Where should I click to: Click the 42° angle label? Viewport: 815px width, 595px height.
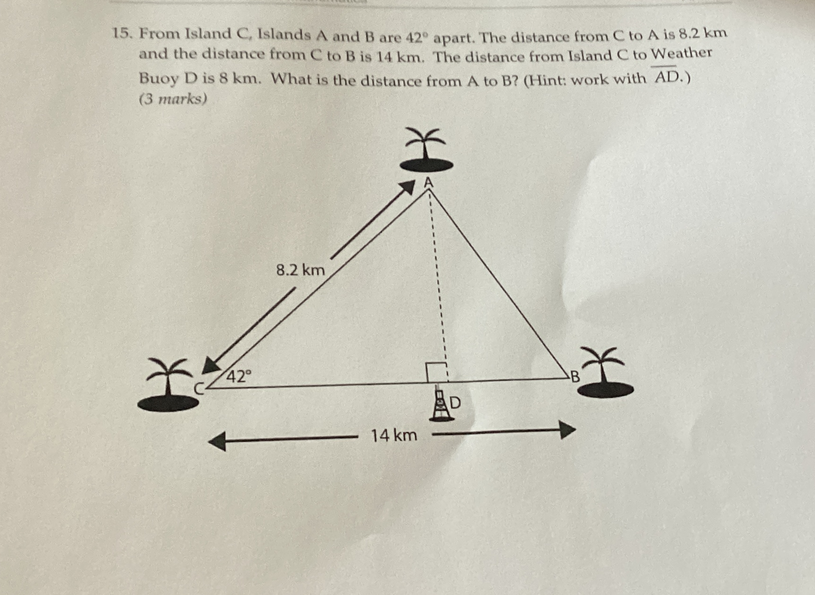tap(239, 376)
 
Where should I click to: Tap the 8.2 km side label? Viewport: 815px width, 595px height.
tap(301, 270)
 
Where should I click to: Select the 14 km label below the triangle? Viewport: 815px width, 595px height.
tap(394, 435)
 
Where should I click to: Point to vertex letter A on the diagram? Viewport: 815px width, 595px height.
tap(428, 182)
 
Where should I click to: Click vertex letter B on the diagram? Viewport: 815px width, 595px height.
tap(574, 377)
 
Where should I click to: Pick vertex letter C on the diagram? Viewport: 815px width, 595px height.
tap(200, 389)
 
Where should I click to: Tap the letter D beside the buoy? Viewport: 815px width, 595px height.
tap(456, 403)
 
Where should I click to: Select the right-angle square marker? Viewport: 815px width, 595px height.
tap(436, 372)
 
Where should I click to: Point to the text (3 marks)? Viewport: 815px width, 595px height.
tap(173, 99)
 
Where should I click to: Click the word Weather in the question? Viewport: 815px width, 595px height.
tap(681, 54)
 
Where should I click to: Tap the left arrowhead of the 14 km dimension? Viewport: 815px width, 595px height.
tap(216, 441)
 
